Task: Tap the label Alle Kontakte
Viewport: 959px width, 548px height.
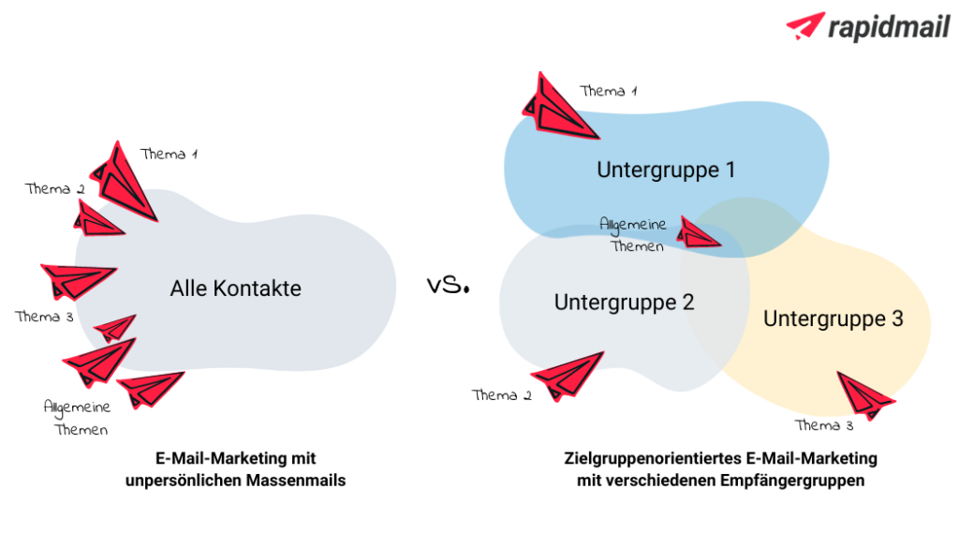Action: (x=236, y=289)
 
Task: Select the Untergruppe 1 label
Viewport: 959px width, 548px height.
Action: (x=666, y=170)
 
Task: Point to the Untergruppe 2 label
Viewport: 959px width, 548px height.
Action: (x=624, y=303)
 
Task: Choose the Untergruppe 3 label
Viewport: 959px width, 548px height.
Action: (x=833, y=318)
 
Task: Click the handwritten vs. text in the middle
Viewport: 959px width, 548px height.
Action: (x=448, y=286)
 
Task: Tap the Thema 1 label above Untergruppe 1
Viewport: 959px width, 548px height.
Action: (x=609, y=92)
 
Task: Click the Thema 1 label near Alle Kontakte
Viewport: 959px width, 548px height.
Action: (x=169, y=155)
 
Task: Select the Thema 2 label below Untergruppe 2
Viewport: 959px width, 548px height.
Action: (x=502, y=395)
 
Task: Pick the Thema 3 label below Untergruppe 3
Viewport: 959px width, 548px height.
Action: (x=824, y=426)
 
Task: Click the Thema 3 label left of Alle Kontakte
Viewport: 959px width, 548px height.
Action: (x=44, y=317)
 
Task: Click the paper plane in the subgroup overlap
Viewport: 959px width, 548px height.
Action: (x=698, y=232)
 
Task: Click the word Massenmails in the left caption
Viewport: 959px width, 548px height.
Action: (x=290, y=481)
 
